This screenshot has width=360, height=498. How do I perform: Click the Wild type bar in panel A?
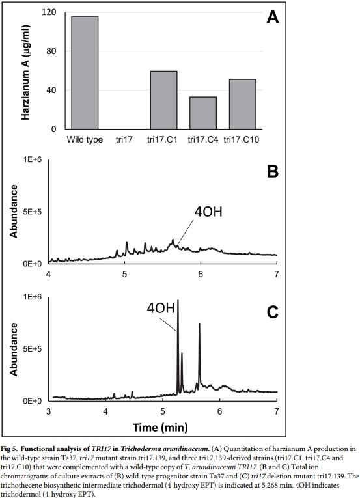coord(85,72)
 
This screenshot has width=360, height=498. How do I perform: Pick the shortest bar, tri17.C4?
coord(203,113)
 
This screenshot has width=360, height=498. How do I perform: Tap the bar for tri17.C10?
coord(242,104)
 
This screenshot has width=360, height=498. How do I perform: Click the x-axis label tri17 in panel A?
coord(125,139)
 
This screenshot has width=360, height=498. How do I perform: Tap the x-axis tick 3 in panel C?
coord(49,411)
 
